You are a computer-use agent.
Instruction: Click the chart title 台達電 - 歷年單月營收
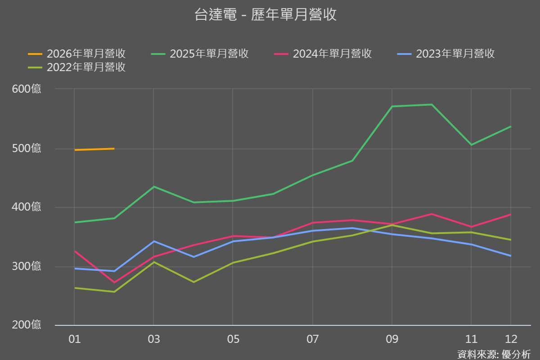265,15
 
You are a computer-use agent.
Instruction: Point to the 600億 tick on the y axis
27,89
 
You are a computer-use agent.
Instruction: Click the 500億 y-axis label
27,148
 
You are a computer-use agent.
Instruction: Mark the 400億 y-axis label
27,207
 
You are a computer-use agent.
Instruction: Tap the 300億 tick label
27,266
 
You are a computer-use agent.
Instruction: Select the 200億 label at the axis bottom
27,324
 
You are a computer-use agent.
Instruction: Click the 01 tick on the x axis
74,339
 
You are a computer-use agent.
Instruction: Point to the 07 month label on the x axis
312,339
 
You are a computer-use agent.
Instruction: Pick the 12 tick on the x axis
511,339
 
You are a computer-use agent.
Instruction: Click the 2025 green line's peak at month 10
432,104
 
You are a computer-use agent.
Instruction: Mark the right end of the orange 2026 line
114,148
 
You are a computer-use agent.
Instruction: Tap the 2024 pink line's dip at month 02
114,283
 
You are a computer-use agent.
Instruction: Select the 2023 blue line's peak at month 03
154,241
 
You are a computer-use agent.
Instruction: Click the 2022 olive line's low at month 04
193,282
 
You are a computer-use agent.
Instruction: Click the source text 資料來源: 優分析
494,354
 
